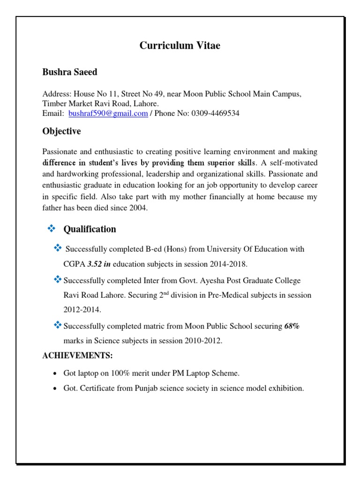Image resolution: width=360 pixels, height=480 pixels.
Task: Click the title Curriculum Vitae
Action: click(180, 45)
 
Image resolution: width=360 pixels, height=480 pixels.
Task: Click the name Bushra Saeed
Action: click(70, 72)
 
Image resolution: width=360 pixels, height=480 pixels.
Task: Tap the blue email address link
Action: click(108, 113)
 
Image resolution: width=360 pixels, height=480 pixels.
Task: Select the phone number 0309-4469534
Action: click(215, 113)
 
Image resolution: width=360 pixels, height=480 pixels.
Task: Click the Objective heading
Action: click(61, 131)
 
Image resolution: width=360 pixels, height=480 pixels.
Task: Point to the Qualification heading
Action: click(90, 229)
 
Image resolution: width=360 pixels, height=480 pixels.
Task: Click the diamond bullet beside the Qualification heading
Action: click(52, 229)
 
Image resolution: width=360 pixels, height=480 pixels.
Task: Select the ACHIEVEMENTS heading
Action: click(78, 356)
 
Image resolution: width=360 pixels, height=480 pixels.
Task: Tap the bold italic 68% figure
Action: click(292, 326)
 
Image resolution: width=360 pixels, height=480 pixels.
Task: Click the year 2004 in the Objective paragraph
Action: click(138, 209)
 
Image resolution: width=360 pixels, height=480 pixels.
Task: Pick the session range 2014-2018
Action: click(228, 264)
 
